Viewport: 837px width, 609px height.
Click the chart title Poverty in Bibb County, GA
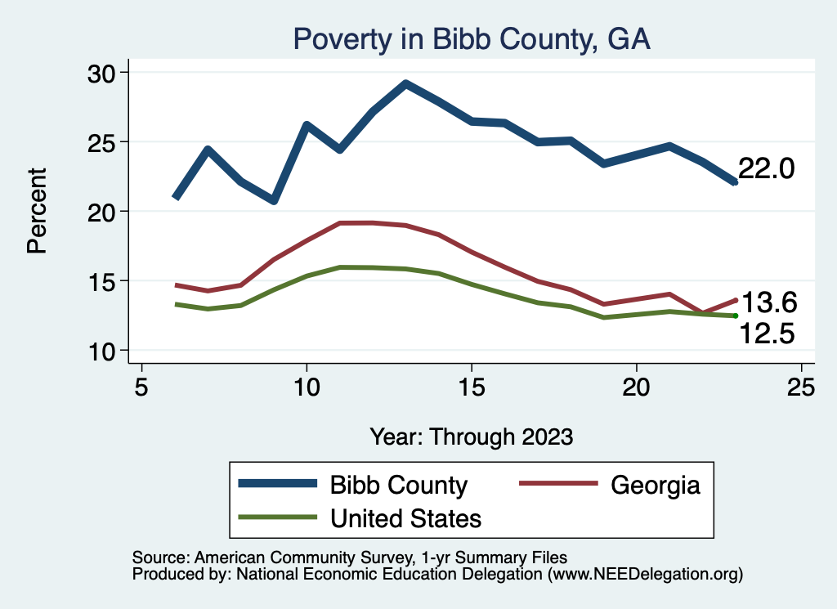[472, 39]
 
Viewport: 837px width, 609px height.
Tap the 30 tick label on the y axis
[103, 73]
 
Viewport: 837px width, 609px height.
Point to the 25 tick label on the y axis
[103, 142]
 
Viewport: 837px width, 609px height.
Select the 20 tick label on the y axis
[103, 212]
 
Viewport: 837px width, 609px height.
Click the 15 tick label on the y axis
[103, 281]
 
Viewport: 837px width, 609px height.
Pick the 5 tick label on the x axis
[141, 387]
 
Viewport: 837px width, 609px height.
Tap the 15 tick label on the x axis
[472, 387]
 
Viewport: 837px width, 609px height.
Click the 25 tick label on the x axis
[801, 387]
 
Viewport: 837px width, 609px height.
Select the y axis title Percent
[38, 211]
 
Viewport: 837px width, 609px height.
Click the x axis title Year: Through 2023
[472, 436]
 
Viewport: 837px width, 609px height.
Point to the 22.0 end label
[766, 169]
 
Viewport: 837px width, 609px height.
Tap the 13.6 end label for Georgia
[768, 303]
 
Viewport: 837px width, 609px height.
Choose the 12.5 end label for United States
[768, 333]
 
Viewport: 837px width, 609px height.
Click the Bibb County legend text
[398, 485]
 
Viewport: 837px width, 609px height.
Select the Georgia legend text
[656, 485]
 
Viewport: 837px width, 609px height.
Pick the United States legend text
[405, 517]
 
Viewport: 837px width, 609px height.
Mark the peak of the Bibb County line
[405, 83]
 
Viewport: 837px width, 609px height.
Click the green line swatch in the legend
[277, 517]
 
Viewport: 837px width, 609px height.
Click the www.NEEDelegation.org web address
[646, 574]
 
